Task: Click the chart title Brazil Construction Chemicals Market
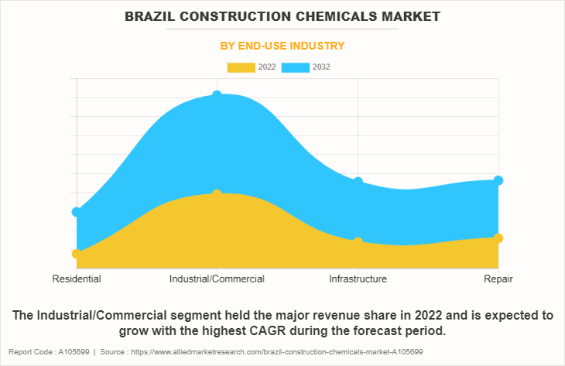point(282,16)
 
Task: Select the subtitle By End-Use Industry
point(282,46)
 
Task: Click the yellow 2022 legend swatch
point(241,67)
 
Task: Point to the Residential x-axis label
point(76,279)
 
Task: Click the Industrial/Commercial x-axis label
point(217,279)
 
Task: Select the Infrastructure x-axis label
point(358,279)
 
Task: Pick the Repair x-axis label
point(498,279)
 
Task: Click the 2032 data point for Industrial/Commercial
point(217,94)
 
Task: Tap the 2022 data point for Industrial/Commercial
point(217,193)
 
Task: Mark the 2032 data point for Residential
point(76,211)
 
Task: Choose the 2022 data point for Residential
point(76,254)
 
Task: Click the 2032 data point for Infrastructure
point(358,181)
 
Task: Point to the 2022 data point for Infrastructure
point(358,242)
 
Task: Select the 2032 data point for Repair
point(498,180)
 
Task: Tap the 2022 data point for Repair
point(498,238)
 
